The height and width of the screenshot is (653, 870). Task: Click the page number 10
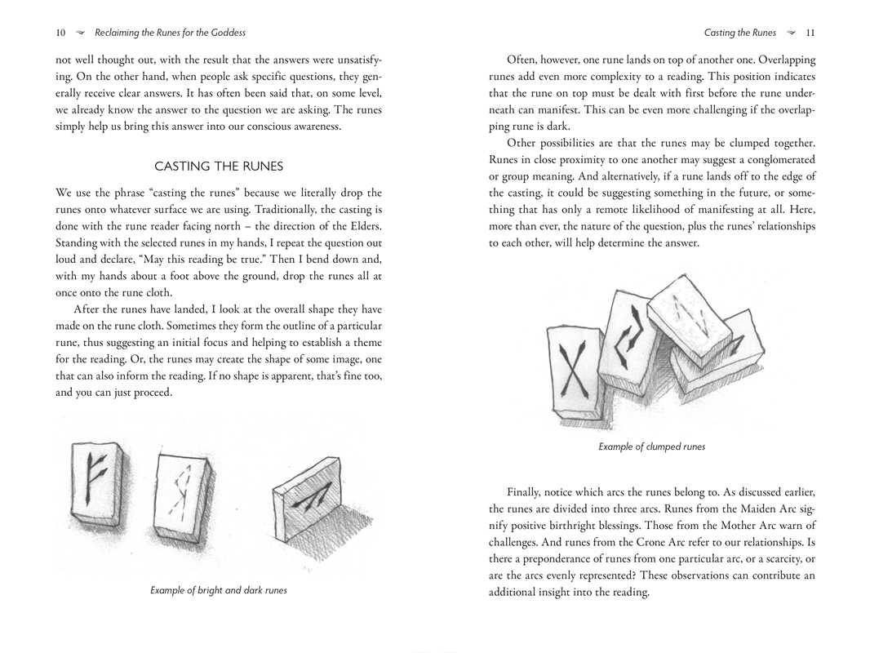[60, 33]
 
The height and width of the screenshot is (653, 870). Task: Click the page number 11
[810, 33]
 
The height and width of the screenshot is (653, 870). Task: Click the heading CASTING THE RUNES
[219, 167]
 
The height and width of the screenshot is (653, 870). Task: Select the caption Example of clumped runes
[651, 446]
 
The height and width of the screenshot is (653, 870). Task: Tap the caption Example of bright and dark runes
[219, 589]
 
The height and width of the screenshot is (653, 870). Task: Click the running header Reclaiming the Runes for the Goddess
[170, 33]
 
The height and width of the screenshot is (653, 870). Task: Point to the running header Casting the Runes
[739, 33]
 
